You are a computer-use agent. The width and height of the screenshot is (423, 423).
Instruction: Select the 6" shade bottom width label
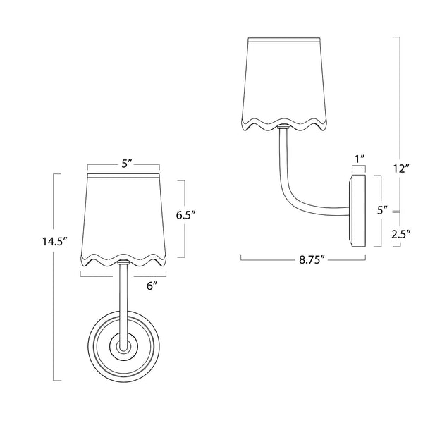(x=151, y=286)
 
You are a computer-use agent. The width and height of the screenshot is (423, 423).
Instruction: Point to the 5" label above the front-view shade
(x=127, y=164)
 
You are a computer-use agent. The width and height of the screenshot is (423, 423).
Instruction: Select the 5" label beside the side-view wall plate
(x=381, y=209)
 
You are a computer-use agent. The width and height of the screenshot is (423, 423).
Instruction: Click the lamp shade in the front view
(x=125, y=215)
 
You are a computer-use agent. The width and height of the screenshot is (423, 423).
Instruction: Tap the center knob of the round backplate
(x=124, y=347)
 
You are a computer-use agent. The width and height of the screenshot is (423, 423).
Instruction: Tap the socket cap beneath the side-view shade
(x=283, y=128)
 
